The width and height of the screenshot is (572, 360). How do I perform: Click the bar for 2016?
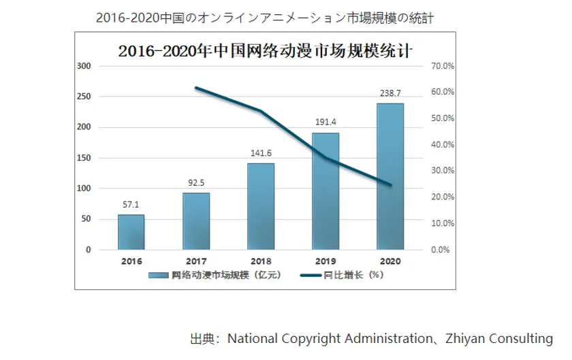tap(131, 232)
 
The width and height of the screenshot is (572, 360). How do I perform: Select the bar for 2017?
tap(196, 221)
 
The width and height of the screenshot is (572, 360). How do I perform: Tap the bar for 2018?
tap(261, 206)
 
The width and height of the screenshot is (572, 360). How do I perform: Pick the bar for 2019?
tap(325, 191)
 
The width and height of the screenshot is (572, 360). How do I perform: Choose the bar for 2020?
tap(390, 176)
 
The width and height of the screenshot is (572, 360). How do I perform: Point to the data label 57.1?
tap(131, 204)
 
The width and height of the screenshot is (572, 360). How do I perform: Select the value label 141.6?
tap(261, 153)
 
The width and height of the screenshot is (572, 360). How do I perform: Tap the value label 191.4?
tap(325, 122)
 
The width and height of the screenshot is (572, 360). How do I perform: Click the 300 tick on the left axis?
tap(84, 66)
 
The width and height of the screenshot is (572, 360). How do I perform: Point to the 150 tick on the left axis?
tap(84, 158)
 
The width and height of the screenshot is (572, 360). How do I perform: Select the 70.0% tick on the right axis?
tap(443, 66)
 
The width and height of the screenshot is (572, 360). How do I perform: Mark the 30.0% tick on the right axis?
tap(443, 171)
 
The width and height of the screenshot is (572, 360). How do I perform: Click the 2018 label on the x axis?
tap(261, 261)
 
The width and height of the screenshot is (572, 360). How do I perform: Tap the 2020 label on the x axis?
tap(390, 261)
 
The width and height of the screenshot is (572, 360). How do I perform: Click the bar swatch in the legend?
tap(159, 275)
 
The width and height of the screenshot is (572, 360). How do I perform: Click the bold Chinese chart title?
tap(265, 50)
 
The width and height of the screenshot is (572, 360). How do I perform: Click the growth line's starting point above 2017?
tap(196, 88)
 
